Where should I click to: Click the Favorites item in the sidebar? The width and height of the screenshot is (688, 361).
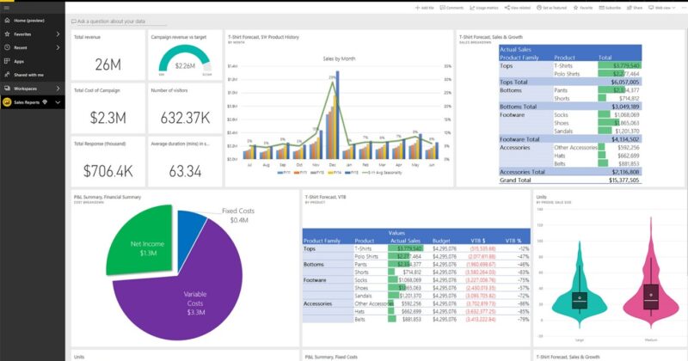coord(23,34)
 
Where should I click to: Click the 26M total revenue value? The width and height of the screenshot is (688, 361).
coord(107,64)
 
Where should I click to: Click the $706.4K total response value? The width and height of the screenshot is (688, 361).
coord(107,171)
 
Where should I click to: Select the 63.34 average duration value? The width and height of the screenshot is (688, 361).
coord(183,171)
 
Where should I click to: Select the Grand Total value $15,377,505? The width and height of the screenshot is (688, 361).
coord(619,181)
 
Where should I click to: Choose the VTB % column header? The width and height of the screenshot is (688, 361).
coord(513,240)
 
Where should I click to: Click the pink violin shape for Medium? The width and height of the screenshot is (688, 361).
coord(650,284)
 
